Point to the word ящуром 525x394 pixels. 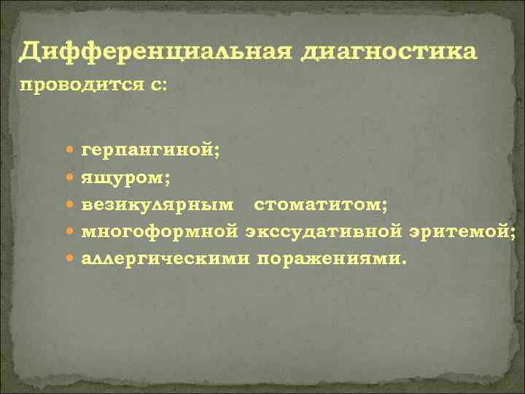(125, 178)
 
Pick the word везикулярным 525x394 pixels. (158, 205)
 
